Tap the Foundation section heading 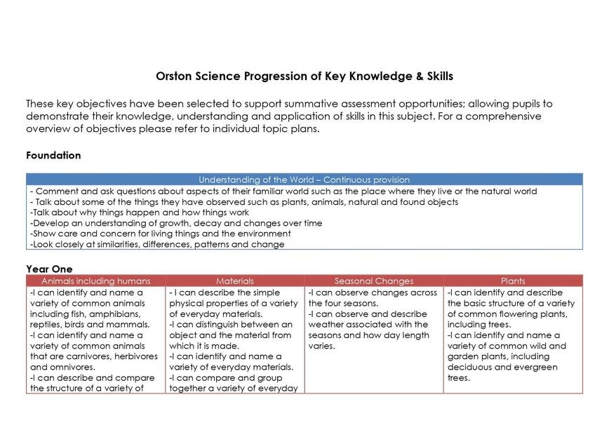53,155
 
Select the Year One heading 49,269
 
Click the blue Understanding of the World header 304,180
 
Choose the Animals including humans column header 96,281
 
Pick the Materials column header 235,281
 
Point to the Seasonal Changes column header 374,281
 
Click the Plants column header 513,281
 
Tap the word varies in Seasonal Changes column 322,346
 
